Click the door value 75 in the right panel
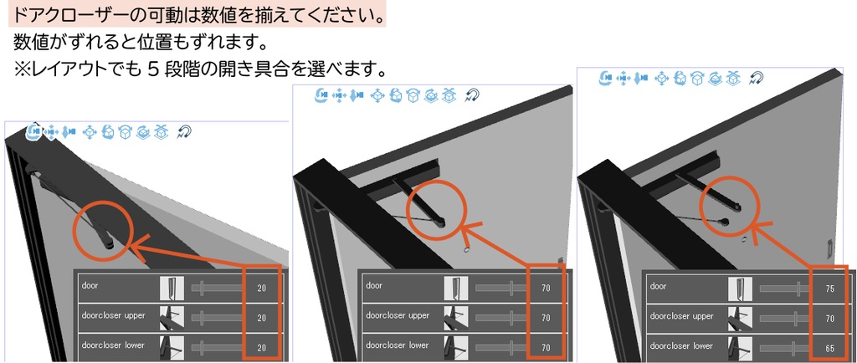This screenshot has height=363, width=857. coord(829,288)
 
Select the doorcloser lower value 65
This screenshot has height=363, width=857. coord(829,347)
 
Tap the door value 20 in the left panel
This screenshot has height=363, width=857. coord(262,288)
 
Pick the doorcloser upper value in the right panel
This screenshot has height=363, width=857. coord(829,318)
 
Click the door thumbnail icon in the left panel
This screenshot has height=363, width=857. coord(172,289)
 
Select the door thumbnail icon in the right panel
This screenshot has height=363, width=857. coord(740,289)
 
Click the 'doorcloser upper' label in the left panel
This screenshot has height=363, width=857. coord(113,316)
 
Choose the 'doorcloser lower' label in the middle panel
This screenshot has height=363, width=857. coord(398,345)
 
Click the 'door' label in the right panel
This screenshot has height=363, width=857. coord(658,286)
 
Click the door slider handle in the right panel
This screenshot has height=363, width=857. coord(795,289)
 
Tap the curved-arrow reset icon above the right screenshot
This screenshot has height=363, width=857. coord(757,79)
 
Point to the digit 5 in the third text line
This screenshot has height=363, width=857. coord(153,68)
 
